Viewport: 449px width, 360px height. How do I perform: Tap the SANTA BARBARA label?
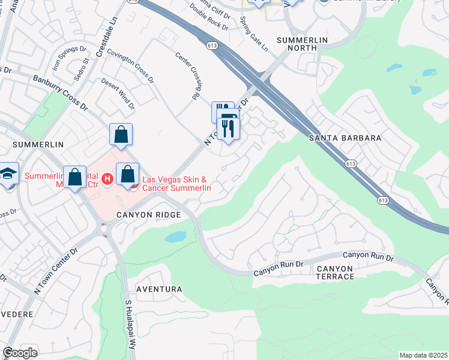click(345, 138)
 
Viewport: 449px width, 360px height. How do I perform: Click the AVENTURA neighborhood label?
click(159, 289)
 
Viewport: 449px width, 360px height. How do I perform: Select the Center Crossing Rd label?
click(187, 75)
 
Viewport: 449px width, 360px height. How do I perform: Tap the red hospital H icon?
click(107, 178)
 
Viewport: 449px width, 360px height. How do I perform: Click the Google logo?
click(20, 352)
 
